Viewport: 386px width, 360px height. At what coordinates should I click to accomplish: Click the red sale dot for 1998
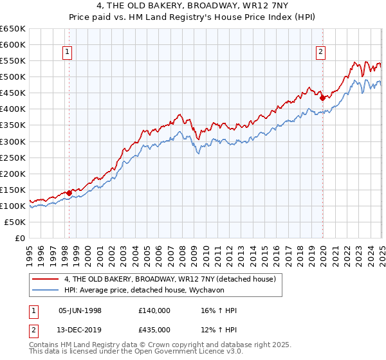pyautogui.click(x=69, y=193)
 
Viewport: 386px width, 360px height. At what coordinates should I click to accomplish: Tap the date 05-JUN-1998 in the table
pyautogui.click(x=80, y=310)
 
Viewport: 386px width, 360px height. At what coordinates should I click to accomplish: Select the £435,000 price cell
pyautogui.click(x=154, y=330)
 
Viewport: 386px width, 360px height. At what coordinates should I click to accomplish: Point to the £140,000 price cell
pyautogui.click(x=154, y=310)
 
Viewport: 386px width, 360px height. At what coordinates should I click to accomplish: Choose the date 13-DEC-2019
pyautogui.click(x=80, y=330)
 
